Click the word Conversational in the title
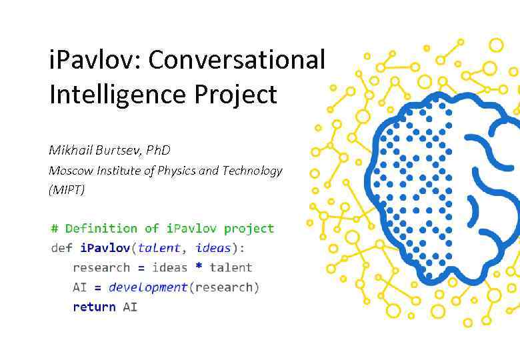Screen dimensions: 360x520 click(x=236, y=60)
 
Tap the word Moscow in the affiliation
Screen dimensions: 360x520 click(x=69, y=171)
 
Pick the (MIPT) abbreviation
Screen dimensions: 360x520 click(x=67, y=190)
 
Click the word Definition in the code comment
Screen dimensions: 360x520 click(x=101, y=229)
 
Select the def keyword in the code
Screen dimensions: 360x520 click(x=61, y=248)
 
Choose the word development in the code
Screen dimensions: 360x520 click(x=148, y=287)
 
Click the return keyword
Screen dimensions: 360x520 click(x=94, y=307)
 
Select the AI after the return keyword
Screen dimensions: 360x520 click(x=130, y=307)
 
